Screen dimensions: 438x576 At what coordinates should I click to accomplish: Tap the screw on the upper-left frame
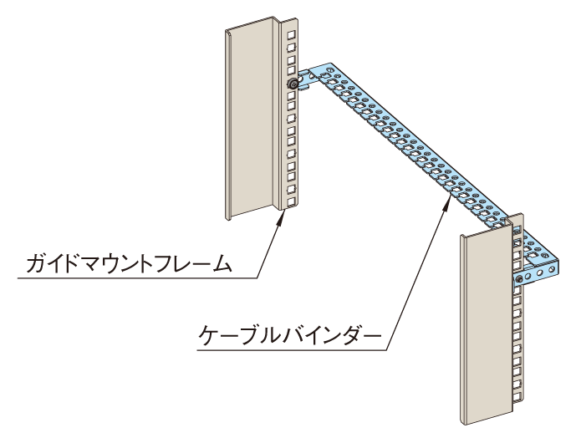tap(292, 84)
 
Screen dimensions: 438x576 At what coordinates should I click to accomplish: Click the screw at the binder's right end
tap(520, 278)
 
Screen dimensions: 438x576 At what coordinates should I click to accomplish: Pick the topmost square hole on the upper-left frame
tap(290, 34)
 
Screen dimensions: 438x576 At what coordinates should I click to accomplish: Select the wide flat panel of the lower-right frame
tap(483, 326)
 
